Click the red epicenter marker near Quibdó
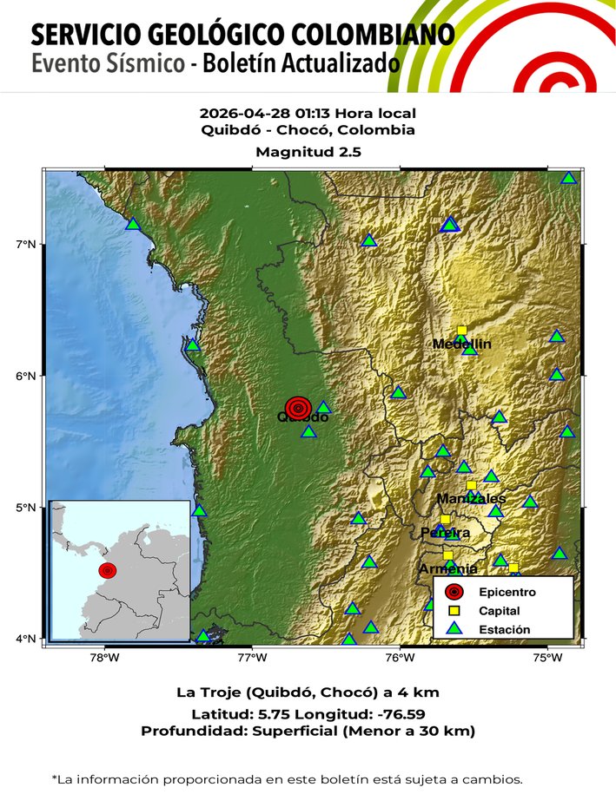tap(298, 407)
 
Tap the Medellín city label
tap(461, 345)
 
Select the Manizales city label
tap(470, 499)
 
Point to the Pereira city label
tap(445, 532)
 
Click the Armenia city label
tap(447, 569)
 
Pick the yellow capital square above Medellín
tap(461, 330)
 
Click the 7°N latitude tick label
tap(26, 244)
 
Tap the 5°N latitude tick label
tap(26, 508)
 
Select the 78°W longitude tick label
tap(104, 658)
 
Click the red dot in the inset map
tap(107, 570)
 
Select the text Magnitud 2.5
tap(308, 152)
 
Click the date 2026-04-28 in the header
tap(239, 114)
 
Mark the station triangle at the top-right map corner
tap(568, 178)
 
